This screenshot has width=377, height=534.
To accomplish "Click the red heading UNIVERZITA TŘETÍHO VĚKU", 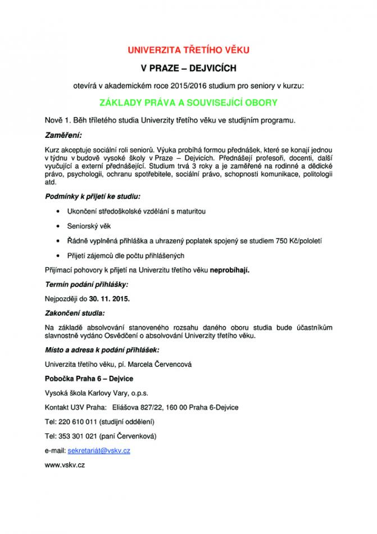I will point(188,50).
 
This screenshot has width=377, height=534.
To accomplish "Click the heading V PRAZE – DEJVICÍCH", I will point(188,68).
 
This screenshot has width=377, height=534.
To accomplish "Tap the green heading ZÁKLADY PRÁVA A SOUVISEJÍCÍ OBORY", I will point(188,103).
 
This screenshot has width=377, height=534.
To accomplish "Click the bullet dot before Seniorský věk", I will point(60,226).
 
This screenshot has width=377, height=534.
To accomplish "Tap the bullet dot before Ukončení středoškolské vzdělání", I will point(60,211).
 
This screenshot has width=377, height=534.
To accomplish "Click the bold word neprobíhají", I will point(230,270).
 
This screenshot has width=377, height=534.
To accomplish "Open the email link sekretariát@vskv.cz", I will point(99,451).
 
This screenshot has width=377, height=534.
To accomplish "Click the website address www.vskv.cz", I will point(65,465).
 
